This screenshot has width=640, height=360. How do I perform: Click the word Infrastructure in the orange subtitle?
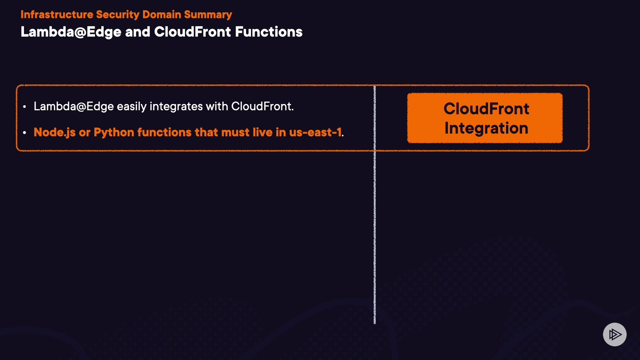click(x=57, y=14)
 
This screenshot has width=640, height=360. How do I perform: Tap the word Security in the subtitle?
click(x=118, y=15)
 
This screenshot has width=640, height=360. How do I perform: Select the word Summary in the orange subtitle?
click(x=208, y=15)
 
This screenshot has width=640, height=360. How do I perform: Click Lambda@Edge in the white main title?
click(x=71, y=32)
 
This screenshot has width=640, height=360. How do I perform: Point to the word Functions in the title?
click(x=269, y=32)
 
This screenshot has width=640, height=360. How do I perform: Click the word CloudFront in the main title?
click(x=193, y=32)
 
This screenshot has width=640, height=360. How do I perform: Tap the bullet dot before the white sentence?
click(x=25, y=107)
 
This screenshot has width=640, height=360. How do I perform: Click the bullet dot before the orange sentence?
click(x=25, y=133)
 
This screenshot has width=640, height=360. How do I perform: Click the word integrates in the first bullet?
click(x=176, y=107)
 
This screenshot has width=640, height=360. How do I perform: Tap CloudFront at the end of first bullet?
click(x=262, y=106)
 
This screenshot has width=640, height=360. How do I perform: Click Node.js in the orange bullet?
click(x=55, y=132)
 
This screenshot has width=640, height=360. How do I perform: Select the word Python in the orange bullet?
click(x=114, y=133)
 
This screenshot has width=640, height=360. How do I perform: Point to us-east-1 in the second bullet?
click(x=315, y=133)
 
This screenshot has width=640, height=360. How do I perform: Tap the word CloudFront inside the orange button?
click(x=486, y=109)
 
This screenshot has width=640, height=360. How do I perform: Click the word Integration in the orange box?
click(x=486, y=129)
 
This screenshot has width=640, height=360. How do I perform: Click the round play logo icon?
click(x=615, y=334)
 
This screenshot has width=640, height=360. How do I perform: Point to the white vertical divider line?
click(x=375, y=205)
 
